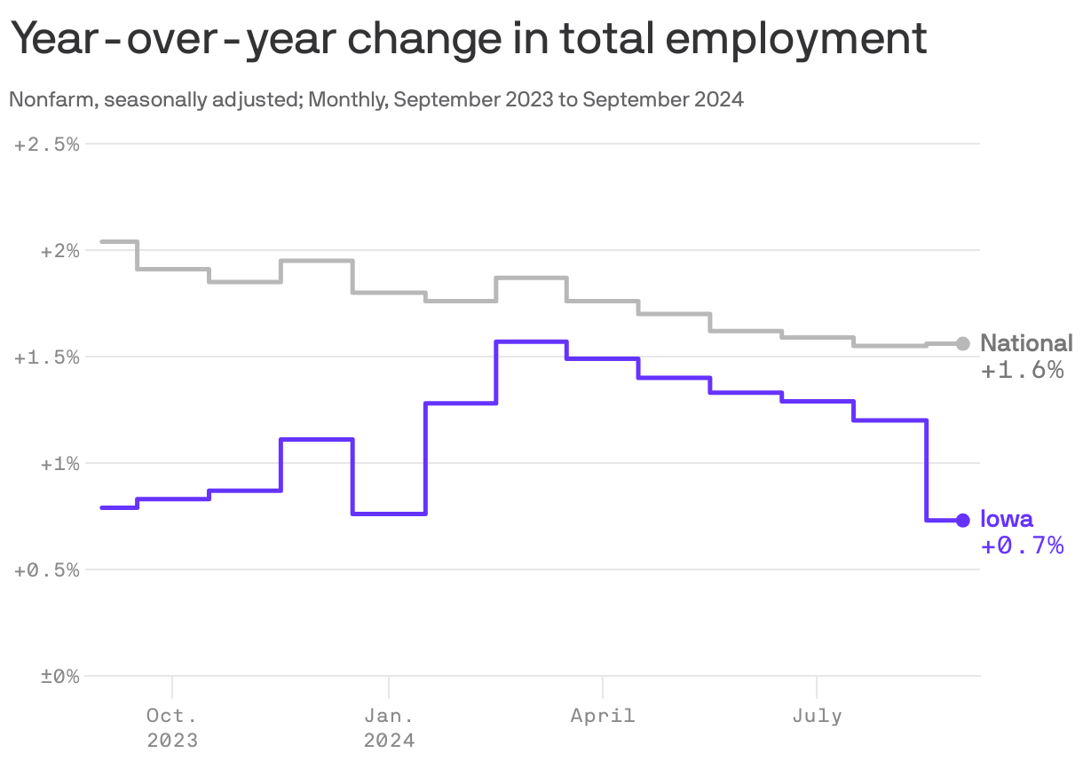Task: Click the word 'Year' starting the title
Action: point(55,40)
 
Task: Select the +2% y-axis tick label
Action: point(59,251)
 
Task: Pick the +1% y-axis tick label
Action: point(59,464)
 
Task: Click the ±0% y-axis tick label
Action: point(59,677)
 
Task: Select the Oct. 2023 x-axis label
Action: point(172,726)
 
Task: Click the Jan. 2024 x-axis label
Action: point(389,726)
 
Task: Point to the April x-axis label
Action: point(603,715)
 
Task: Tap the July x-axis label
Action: point(817,715)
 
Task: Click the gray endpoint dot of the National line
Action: point(963,343)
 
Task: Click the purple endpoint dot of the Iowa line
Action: point(963,520)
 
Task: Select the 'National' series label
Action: point(1026,343)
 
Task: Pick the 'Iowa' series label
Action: point(1007,520)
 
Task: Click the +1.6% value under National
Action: point(1022,370)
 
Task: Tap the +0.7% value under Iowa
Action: point(1022,545)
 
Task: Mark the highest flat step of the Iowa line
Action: point(531,341)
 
